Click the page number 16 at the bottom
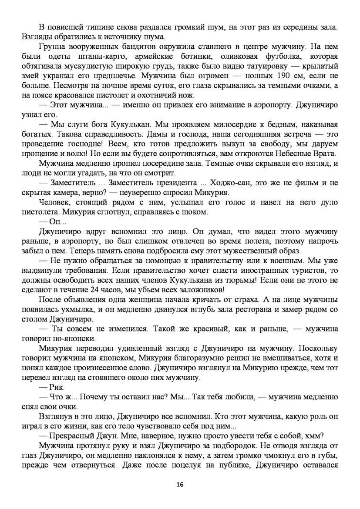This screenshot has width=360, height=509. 180,484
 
